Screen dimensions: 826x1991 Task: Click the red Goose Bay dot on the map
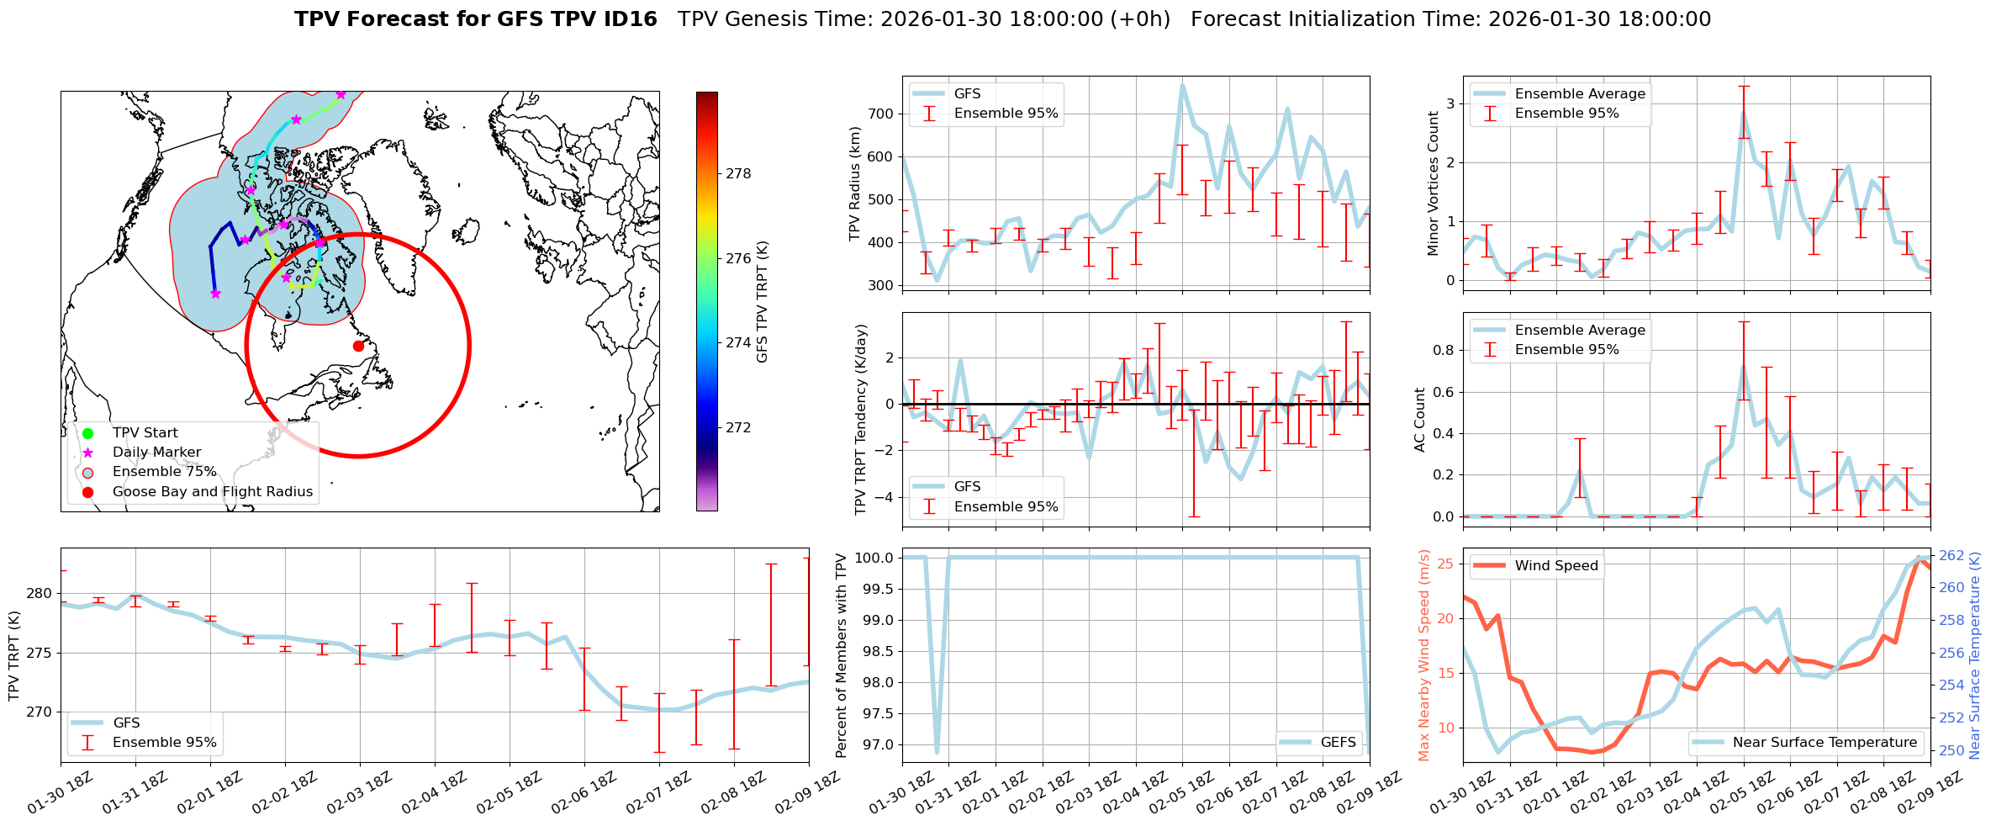358,346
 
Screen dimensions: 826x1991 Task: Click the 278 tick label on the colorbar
738,173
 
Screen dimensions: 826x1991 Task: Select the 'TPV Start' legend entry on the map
145,432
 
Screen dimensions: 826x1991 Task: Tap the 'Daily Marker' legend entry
156,452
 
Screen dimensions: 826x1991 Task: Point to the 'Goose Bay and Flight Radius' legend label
212,491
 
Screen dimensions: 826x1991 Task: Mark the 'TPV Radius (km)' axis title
855,183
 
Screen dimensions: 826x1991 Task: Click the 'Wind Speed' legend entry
1555,565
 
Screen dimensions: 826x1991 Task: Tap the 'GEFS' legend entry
1338,742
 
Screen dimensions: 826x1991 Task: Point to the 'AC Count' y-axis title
1420,420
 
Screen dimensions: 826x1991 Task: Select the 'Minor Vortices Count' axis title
1434,183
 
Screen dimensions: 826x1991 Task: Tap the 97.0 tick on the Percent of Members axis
875,744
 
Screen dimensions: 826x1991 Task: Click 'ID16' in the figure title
630,19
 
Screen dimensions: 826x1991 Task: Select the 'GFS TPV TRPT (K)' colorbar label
762,301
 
